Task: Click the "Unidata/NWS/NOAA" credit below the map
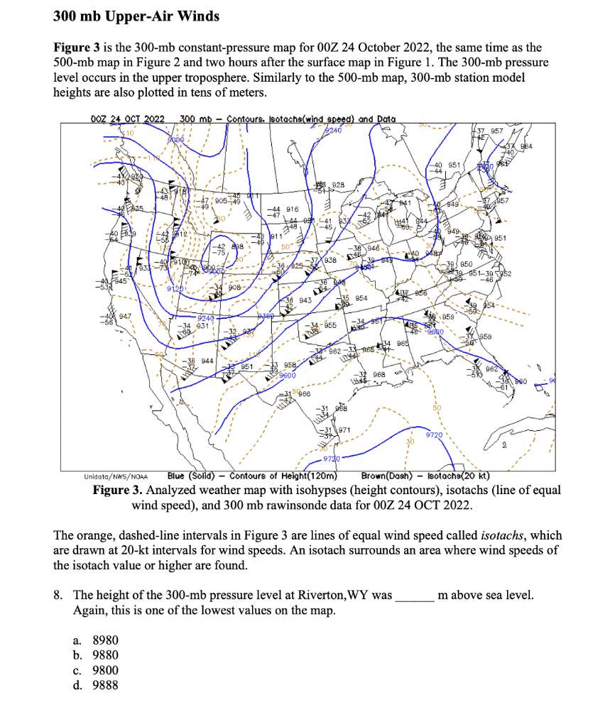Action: pos(112,476)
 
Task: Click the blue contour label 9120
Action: pos(175,289)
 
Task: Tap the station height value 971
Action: pos(343,431)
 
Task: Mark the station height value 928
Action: pos(338,185)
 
